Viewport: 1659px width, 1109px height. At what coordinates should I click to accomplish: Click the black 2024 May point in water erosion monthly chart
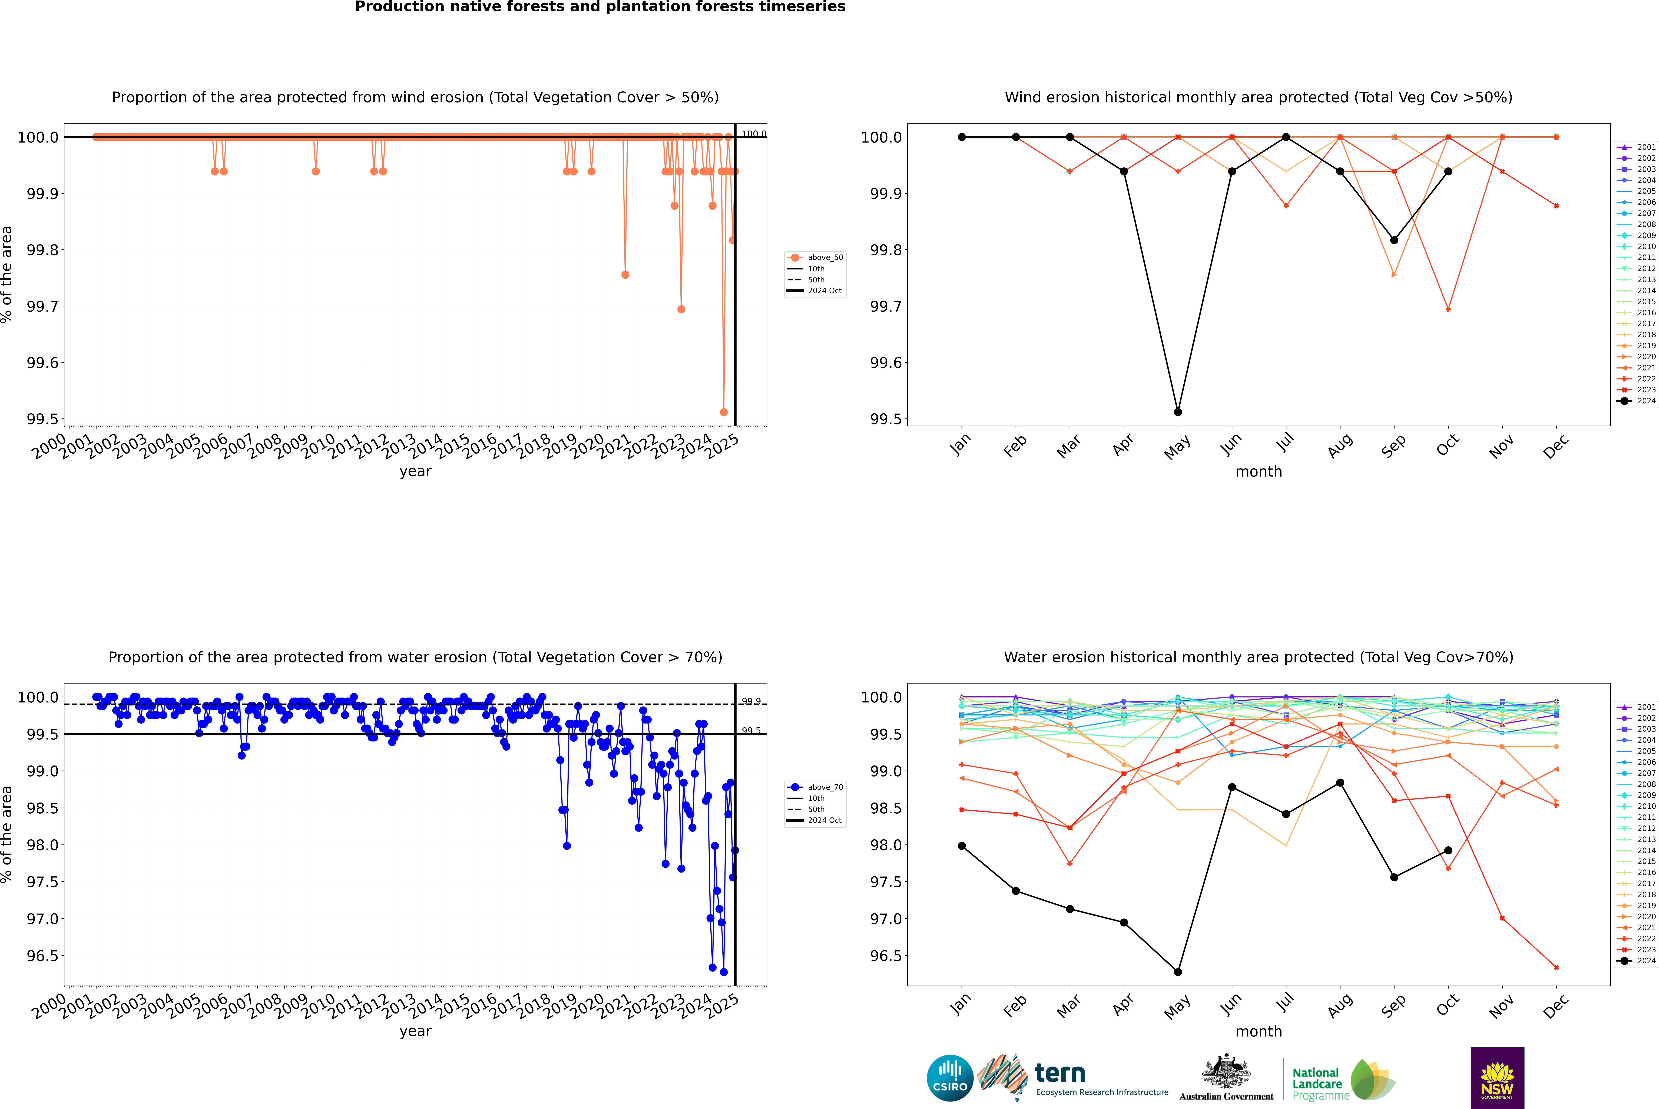(x=1177, y=972)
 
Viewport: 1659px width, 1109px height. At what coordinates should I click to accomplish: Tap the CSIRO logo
(x=950, y=1078)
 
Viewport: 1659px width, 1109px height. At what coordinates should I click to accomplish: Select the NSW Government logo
(x=1497, y=1078)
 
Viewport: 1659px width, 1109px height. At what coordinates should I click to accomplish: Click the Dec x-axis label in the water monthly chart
(x=1556, y=1006)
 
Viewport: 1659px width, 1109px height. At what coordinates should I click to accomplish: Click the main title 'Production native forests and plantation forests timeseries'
(x=600, y=7)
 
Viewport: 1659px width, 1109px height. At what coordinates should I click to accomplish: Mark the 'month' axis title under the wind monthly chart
(x=1258, y=472)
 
